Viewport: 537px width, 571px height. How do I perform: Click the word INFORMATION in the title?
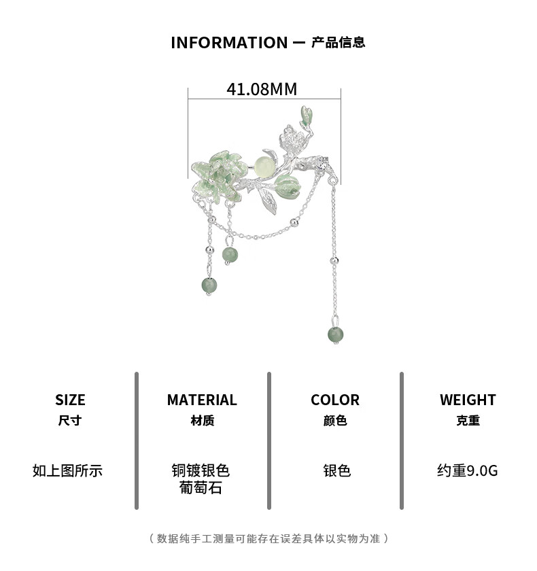(x=229, y=43)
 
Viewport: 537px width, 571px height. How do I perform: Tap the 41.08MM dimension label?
(x=262, y=89)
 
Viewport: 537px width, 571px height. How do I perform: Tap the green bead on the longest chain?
(x=335, y=334)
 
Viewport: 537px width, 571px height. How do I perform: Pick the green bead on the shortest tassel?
(x=230, y=255)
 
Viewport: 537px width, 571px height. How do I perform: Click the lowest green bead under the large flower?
(x=209, y=285)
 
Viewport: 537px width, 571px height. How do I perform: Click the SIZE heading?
(x=70, y=400)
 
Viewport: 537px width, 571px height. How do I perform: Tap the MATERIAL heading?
(x=202, y=400)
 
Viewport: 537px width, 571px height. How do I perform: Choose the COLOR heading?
(x=335, y=400)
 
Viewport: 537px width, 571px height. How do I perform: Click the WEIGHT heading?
(x=468, y=400)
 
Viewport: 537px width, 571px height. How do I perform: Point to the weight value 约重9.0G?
(x=468, y=470)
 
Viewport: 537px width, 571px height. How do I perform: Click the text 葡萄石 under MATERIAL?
(x=201, y=487)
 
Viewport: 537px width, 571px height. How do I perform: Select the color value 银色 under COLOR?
(x=336, y=470)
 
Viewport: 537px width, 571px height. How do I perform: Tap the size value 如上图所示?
(x=67, y=470)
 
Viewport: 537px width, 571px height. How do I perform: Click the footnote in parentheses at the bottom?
(x=268, y=538)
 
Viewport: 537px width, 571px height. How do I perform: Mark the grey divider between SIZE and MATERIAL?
(x=136, y=440)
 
